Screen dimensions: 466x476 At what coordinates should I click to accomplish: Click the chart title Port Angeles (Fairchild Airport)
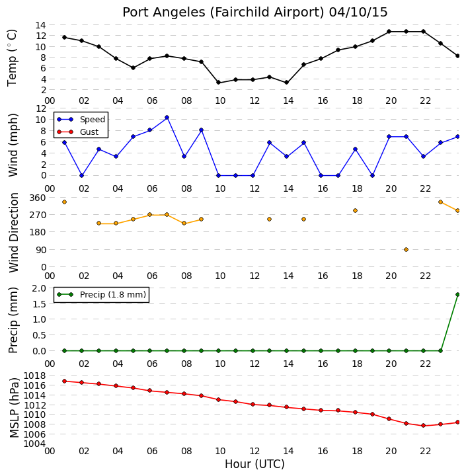[x=223, y=13]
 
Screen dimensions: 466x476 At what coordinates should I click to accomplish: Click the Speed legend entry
[x=81, y=119]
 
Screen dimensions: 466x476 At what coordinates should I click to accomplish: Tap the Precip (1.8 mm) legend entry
[x=101, y=294]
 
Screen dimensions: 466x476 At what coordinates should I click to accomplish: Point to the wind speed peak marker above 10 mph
[x=167, y=118]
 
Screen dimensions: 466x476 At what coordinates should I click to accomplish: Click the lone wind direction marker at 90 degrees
[x=407, y=249]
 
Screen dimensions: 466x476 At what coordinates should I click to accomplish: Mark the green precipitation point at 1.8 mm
[x=458, y=294]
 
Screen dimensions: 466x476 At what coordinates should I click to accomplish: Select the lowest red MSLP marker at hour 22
[x=424, y=426]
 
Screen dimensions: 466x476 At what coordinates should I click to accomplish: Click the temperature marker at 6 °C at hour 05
[x=133, y=67]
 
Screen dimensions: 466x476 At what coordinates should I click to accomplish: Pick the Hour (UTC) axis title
[x=254, y=464]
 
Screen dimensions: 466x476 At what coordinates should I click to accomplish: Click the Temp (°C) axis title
[x=12, y=58]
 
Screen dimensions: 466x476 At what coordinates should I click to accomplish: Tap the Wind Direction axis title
[x=14, y=233]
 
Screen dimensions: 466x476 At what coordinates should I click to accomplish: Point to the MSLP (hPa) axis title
[x=14, y=408]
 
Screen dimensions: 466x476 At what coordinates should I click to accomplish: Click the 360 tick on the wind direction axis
[x=38, y=198]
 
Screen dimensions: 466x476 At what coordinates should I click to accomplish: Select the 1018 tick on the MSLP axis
[x=34, y=376]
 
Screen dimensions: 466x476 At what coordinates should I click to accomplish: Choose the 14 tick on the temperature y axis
[x=41, y=25]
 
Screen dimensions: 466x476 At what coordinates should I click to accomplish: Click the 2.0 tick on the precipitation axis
[x=40, y=288]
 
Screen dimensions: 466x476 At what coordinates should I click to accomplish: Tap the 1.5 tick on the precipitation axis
[x=40, y=304]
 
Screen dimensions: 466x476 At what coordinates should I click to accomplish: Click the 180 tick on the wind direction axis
[x=38, y=232]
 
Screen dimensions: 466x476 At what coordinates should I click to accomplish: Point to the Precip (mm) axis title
[x=13, y=320]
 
